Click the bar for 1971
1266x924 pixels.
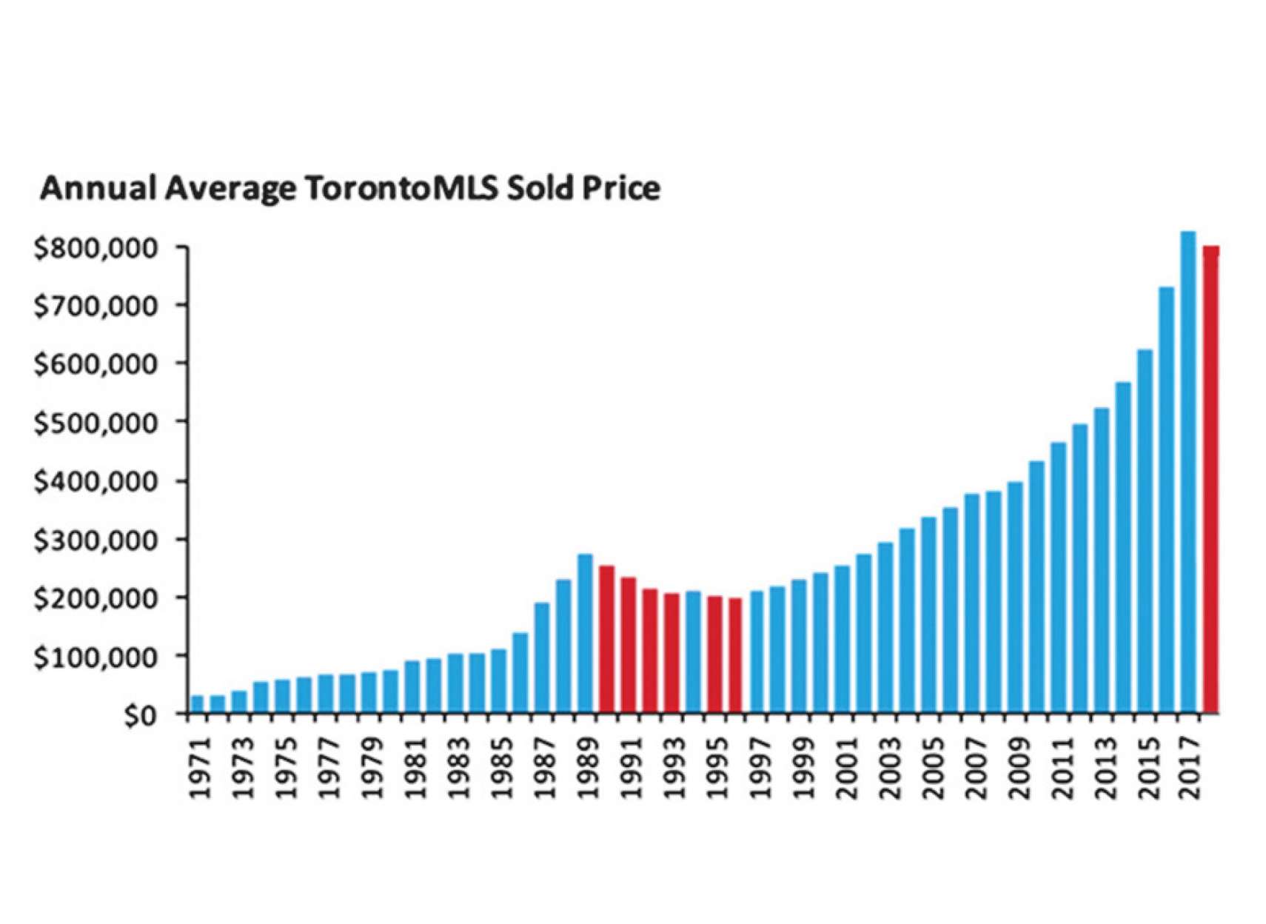[196, 704]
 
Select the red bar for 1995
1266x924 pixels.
[714, 654]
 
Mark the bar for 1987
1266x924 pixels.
[542, 658]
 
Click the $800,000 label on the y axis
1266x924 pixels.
[96, 248]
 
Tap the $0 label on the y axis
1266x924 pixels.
[140, 715]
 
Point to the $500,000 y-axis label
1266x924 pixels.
[96, 423]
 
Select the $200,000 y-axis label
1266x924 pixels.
[96, 598]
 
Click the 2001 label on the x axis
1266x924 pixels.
[845, 768]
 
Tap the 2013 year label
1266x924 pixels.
[1105, 768]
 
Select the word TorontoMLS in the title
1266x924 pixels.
[402, 188]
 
